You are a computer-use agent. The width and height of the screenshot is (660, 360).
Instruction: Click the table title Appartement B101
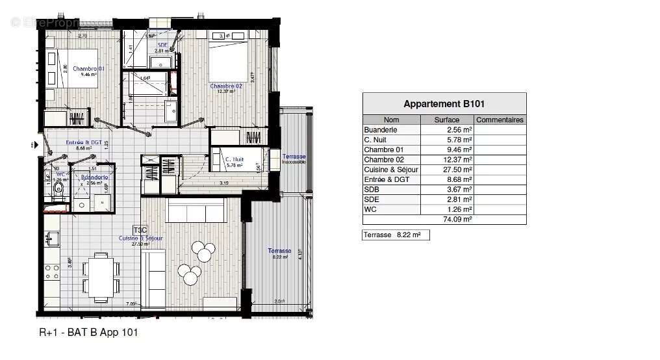[x=444, y=104]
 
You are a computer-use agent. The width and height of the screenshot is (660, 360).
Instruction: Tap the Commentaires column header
[x=500, y=120]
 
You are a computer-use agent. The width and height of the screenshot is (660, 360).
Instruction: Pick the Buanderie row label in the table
[x=381, y=130]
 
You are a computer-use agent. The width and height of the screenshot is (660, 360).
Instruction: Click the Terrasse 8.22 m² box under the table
[x=396, y=235]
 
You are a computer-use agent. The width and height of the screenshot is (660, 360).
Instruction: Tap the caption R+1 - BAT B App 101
[x=89, y=332]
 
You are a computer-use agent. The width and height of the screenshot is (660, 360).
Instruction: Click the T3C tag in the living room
[x=140, y=230]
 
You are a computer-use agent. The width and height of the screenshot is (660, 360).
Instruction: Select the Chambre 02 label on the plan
[x=225, y=86]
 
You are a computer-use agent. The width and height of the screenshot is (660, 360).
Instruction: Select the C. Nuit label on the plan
[x=233, y=159]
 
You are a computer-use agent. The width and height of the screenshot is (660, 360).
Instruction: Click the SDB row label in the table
[x=372, y=190]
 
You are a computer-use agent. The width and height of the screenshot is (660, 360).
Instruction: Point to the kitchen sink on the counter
[x=49, y=240]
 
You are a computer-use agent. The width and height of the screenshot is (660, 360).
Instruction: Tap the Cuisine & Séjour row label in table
[x=391, y=170]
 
